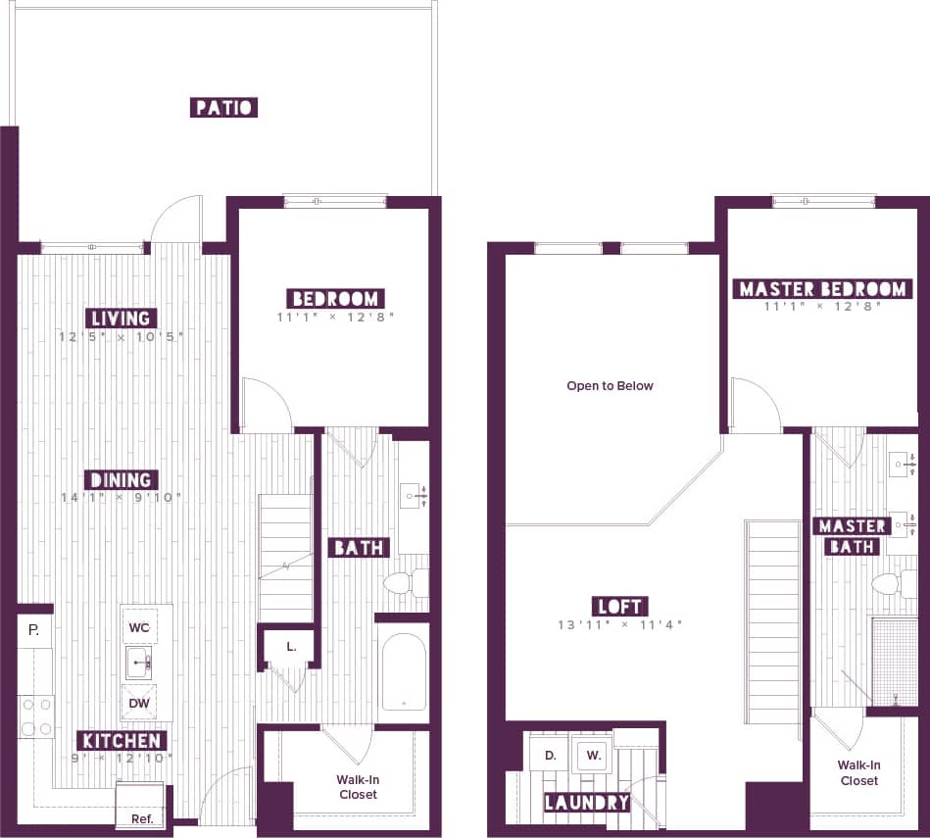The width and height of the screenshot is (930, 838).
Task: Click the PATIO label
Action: point(223,107)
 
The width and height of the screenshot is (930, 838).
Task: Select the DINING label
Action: point(122,479)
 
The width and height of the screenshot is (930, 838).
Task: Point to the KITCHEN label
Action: point(122,740)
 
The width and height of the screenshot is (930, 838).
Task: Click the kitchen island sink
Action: point(138,664)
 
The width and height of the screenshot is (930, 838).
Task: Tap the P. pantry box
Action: point(34,630)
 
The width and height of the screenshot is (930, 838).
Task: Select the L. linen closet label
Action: point(291,646)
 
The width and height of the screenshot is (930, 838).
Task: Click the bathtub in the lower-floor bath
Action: point(403,671)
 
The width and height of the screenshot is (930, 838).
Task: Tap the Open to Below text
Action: point(610,386)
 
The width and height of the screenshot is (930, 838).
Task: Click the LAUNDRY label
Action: point(587,803)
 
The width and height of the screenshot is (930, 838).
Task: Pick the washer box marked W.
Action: point(593,755)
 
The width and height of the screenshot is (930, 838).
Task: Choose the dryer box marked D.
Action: point(550,755)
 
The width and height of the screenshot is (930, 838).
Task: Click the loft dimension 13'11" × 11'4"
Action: point(620,625)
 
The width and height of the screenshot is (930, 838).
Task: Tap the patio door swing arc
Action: point(176,218)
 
